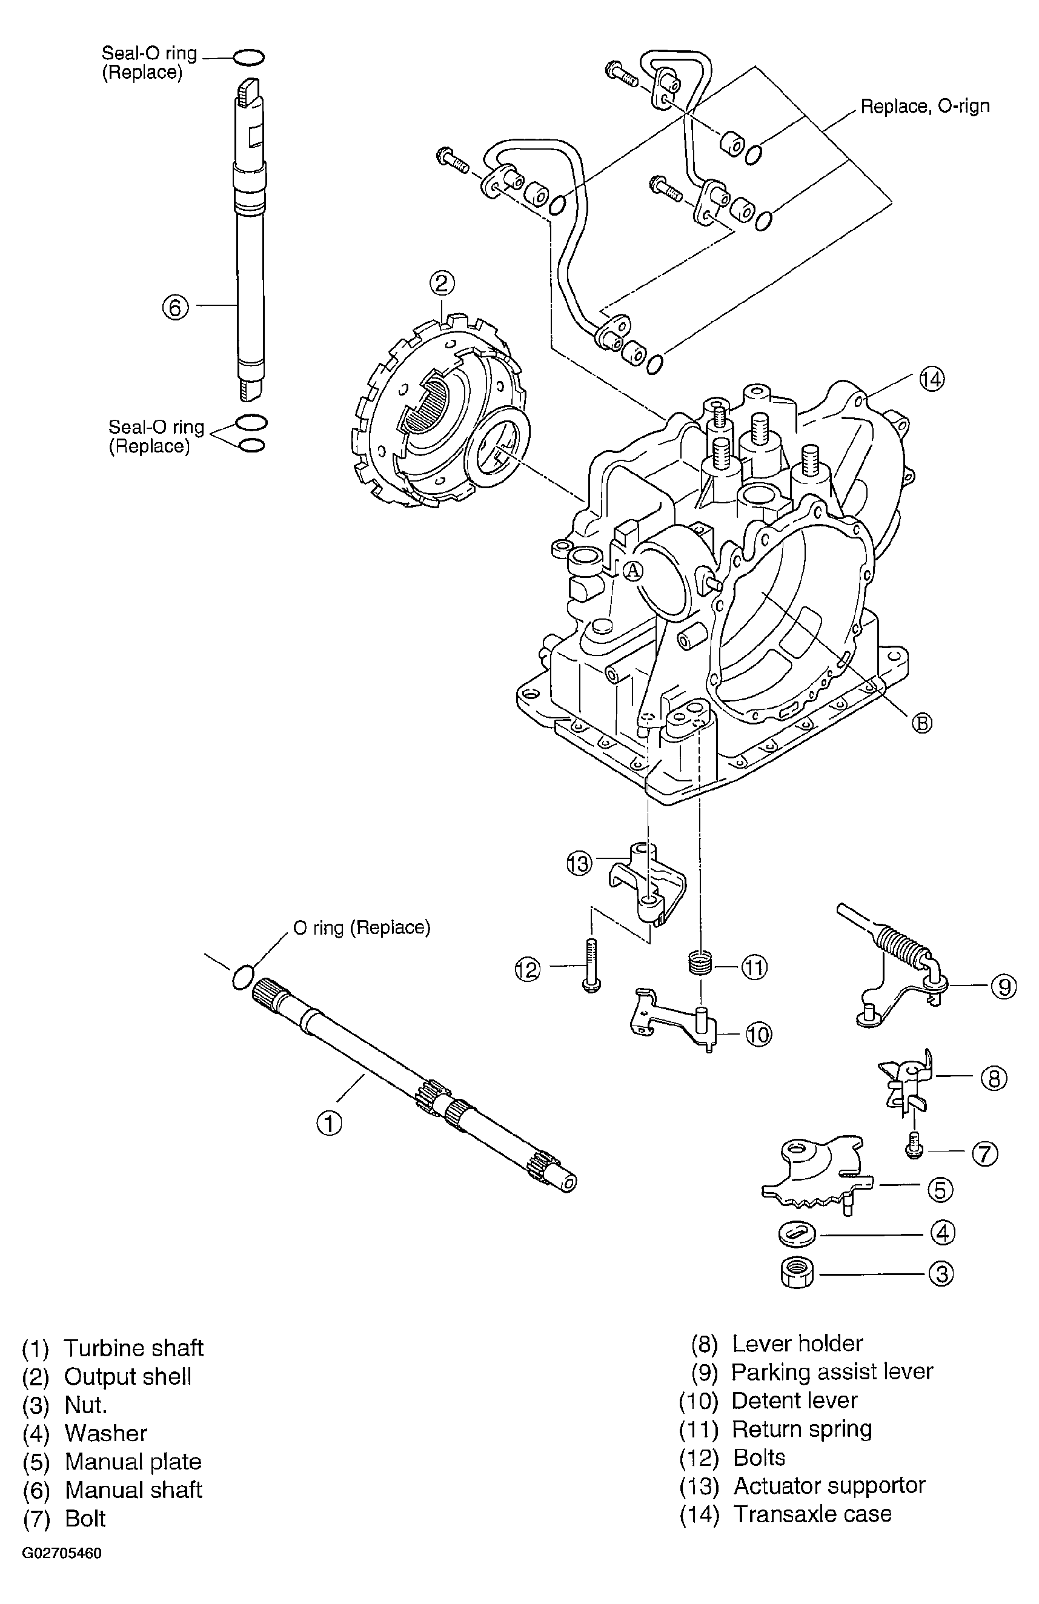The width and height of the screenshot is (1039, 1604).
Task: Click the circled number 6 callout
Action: click(175, 307)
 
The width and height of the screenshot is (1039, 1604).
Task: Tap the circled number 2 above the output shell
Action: click(442, 283)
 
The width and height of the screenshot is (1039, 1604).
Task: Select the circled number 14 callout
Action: click(932, 379)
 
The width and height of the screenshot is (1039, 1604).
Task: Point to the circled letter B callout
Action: click(921, 723)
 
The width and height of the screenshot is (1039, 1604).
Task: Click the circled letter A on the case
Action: click(632, 571)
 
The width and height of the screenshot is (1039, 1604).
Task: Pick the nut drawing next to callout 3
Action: click(797, 1273)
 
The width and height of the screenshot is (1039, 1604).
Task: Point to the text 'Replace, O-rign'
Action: click(925, 107)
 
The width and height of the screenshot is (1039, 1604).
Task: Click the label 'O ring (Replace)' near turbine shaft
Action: click(362, 928)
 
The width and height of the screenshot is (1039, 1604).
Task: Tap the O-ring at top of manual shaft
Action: click(249, 58)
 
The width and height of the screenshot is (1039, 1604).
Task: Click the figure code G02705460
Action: click(62, 1567)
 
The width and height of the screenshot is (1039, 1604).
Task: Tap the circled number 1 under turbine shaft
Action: click(329, 1124)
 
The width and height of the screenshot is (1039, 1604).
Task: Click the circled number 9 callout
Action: click(1003, 987)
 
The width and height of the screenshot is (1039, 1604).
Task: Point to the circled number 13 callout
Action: click(579, 863)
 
